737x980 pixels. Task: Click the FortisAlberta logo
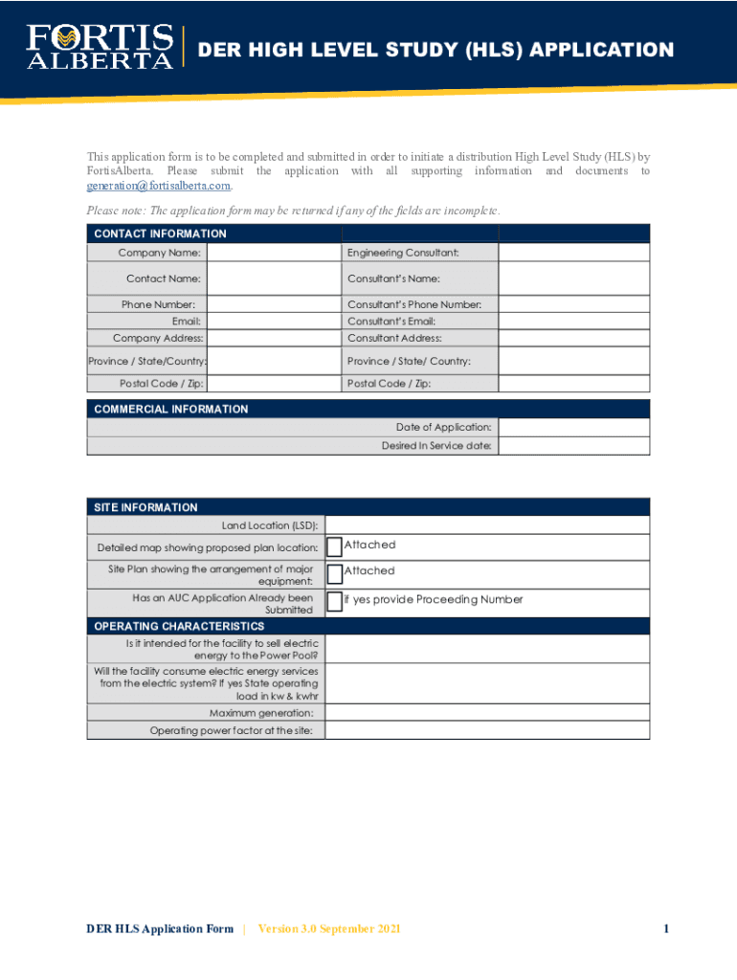100,47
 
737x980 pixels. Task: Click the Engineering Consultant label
403,253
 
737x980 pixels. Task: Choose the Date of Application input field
573,428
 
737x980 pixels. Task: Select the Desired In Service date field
573,446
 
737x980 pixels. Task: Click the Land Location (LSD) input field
486,525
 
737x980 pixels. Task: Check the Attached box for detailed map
334,546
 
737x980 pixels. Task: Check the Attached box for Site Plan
334,573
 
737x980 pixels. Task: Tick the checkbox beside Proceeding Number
334,601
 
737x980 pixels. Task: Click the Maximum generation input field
486,713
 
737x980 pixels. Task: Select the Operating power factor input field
486,731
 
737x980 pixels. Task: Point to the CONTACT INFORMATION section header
160,234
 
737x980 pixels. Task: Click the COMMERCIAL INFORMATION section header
170,409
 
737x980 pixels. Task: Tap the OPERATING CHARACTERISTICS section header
179,626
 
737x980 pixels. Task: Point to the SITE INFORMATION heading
145,507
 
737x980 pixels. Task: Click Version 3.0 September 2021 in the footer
329,928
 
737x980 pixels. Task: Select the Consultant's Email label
391,322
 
